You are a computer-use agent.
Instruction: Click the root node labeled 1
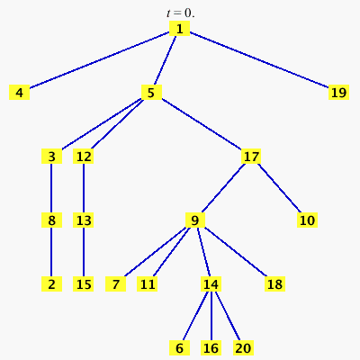pyautogui.click(x=179, y=29)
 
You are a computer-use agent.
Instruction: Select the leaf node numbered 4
pyautogui.click(x=20, y=92)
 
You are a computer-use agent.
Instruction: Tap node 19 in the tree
pyautogui.click(x=338, y=92)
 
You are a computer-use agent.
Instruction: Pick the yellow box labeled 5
pyautogui.click(x=151, y=92)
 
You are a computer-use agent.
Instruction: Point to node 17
pyautogui.click(x=251, y=157)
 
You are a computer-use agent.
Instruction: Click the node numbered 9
pyautogui.click(x=195, y=220)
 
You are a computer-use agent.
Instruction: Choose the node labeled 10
pyautogui.click(x=307, y=220)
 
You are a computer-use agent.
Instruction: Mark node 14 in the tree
pyautogui.click(x=211, y=284)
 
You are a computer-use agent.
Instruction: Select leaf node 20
pyautogui.click(x=243, y=348)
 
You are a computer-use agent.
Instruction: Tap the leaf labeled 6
pyautogui.click(x=179, y=348)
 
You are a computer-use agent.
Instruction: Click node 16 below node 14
pyautogui.click(x=211, y=348)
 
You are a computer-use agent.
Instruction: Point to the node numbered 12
pyautogui.click(x=84, y=157)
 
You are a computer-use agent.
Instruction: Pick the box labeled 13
pyautogui.click(x=84, y=220)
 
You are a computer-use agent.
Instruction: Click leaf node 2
pyautogui.click(x=51, y=284)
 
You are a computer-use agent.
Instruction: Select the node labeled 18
pyautogui.click(x=274, y=284)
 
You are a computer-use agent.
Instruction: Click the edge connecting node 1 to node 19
pyautogui.click(x=259, y=60)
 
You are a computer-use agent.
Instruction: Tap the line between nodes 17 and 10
pyautogui.click(x=279, y=188)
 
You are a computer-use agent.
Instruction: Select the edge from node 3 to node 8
pyautogui.click(x=51, y=188)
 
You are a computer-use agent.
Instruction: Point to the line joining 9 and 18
pyautogui.click(x=236, y=252)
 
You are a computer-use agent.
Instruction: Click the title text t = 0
pyautogui.click(x=181, y=13)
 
